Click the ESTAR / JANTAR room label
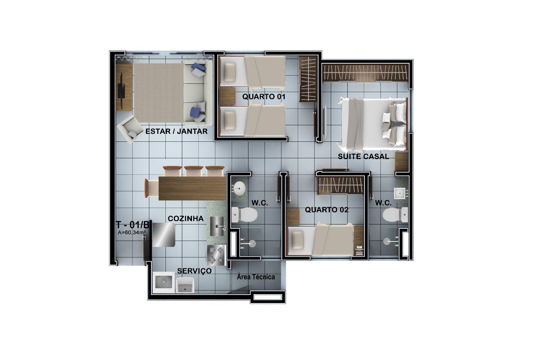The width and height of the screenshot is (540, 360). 176,131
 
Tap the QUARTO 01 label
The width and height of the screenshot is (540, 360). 264,97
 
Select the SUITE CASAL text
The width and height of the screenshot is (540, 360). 363,157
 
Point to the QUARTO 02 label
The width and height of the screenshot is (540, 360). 327,210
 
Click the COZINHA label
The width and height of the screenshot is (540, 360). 186,219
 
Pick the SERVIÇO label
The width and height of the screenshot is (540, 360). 194,271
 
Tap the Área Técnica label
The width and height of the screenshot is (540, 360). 256,277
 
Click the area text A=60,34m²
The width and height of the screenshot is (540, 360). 132,232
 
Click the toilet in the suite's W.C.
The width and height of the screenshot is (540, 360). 395,215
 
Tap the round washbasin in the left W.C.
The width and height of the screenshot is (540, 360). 239,188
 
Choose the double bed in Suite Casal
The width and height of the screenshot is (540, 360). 373,125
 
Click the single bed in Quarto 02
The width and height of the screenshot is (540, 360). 321,240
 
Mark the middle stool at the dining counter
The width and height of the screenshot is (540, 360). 194,171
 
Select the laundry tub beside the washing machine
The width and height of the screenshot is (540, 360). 185,285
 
